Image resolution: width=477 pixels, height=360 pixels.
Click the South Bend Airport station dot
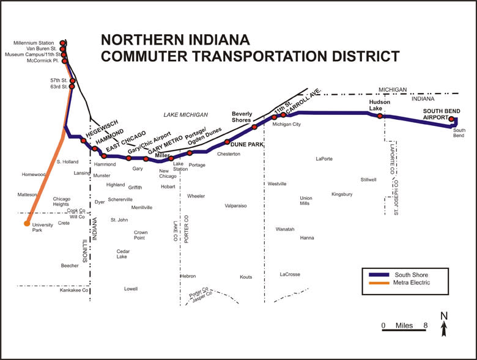pyautogui.click(x=451, y=119)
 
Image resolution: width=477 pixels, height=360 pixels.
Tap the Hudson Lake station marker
pyautogui.click(x=380, y=116)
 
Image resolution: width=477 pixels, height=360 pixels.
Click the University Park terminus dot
pyautogui.click(x=27, y=223)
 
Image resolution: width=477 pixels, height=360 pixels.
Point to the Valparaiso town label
pyautogui.click(x=235, y=206)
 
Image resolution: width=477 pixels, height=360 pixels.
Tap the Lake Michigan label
pyautogui.click(x=186, y=115)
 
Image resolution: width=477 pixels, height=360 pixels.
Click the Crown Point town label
pyautogui.click(x=141, y=235)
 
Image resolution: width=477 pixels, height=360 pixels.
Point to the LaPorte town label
pyautogui.click(x=324, y=159)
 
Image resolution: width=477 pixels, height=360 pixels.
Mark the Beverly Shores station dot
pyautogui.click(x=254, y=127)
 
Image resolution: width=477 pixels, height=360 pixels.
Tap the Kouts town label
pyautogui.click(x=246, y=277)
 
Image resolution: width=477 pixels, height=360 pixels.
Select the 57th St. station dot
pyautogui.click(x=73, y=81)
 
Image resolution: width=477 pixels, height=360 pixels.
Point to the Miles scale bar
pyautogui.click(x=404, y=331)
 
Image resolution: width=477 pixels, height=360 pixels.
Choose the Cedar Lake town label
pyautogui.click(x=123, y=254)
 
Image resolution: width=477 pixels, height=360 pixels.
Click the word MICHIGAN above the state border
pyautogui.click(x=393, y=89)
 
